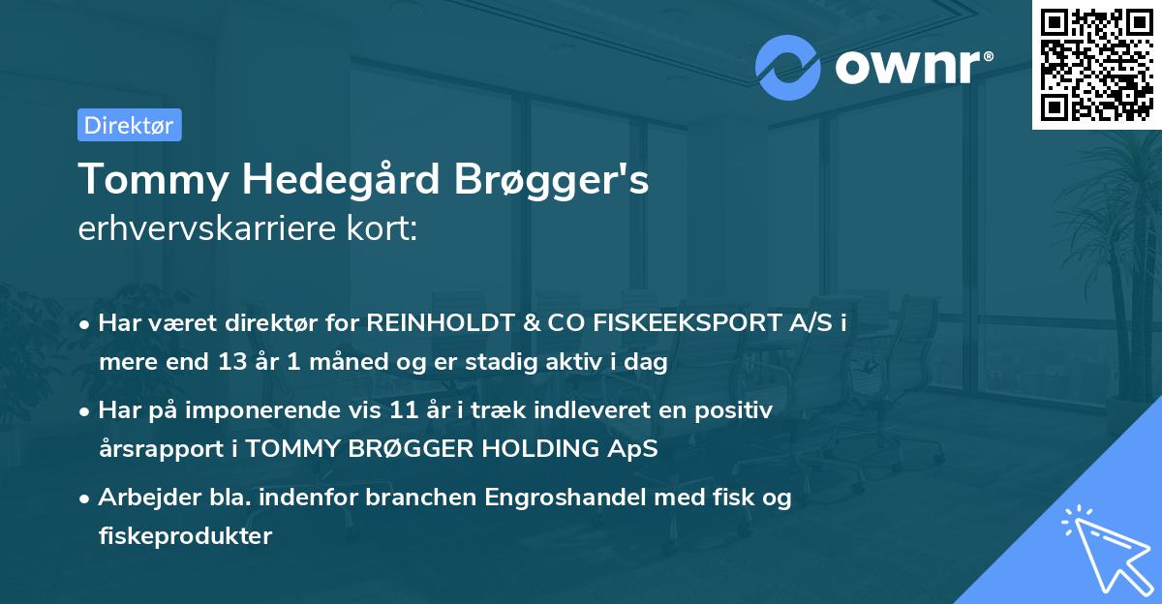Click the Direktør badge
click(129, 125)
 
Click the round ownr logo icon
click(788, 68)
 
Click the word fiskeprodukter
click(185, 536)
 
